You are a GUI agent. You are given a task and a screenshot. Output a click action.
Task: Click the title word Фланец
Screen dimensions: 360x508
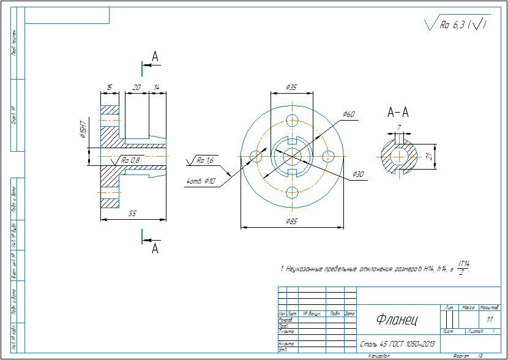[397, 320]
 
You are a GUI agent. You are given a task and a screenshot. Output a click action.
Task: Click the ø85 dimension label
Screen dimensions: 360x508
[291, 221]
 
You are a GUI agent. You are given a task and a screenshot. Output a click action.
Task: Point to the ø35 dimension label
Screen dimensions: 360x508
[291, 88]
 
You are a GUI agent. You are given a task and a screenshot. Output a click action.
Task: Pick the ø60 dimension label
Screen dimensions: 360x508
[349, 114]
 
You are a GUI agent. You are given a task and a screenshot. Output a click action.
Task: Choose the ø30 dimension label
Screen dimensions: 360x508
[358, 174]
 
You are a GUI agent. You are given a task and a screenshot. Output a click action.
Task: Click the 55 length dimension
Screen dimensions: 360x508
[132, 213]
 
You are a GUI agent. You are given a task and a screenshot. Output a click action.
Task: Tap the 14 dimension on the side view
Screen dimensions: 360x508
[157, 88]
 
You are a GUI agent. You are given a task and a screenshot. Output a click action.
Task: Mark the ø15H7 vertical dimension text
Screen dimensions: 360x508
[82, 130]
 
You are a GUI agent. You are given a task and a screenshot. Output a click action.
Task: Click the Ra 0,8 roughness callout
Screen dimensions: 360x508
[130, 160]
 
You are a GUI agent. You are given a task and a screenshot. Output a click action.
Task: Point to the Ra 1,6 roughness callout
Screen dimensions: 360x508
[205, 160]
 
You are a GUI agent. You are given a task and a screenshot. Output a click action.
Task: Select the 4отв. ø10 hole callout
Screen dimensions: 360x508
[201, 181]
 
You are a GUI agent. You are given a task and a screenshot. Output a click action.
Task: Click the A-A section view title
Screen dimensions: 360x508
[398, 112]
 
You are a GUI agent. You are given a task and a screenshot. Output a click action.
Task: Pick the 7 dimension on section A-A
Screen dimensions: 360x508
[398, 127]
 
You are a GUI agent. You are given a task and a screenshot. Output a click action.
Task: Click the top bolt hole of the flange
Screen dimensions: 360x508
[291, 120]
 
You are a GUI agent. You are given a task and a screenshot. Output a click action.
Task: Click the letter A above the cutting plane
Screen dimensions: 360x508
[155, 57]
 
